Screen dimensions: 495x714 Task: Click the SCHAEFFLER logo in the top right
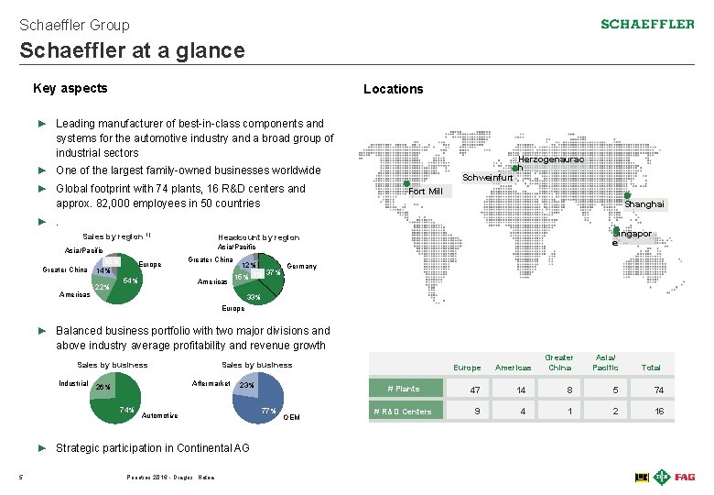click(647, 24)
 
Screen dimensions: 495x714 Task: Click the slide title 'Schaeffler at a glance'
click(132, 50)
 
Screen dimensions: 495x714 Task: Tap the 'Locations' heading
click(393, 89)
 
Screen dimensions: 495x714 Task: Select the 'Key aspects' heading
click(70, 88)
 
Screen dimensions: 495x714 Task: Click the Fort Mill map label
click(425, 192)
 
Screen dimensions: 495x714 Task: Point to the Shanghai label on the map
click(644, 204)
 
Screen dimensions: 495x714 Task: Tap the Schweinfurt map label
click(487, 178)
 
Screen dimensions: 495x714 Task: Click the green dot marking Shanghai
click(627, 195)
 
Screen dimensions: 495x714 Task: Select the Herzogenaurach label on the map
click(551, 159)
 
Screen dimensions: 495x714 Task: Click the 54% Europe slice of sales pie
click(129, 280)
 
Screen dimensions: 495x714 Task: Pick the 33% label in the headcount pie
click(254, 298)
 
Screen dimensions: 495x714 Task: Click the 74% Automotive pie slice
click(126, 410)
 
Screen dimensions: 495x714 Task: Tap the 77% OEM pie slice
click(268, 410)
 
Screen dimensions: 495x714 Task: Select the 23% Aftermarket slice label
click(246, 386)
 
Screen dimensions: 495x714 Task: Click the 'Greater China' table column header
click(559, 363)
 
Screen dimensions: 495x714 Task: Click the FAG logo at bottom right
click(685, 477)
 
